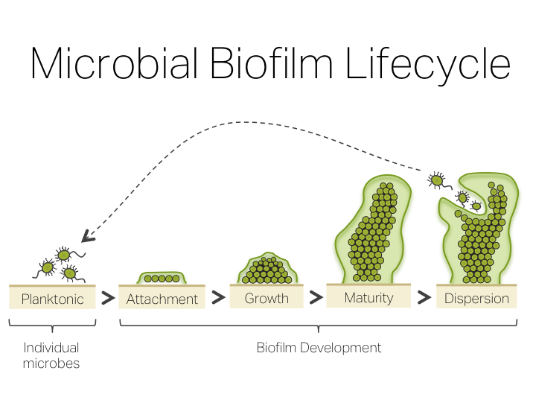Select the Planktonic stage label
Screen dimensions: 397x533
click(52, 299)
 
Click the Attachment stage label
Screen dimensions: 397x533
click(162, 299)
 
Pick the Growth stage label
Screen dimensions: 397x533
click(266, 298)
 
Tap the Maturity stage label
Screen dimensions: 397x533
click(368, 298)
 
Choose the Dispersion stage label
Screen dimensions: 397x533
click(476, 299)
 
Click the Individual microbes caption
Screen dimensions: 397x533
click(51, 355)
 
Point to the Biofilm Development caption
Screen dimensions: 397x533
click(319, 347)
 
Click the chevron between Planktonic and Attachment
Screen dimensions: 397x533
click(108, 299)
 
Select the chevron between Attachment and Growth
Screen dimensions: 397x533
click(217, 298)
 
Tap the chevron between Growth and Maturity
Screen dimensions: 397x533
click(316, 297)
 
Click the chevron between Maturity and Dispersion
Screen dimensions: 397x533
click(424, 297)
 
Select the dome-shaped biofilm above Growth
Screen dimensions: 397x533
click(266, 270)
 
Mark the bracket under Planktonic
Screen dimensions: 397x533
click(52, 325)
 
